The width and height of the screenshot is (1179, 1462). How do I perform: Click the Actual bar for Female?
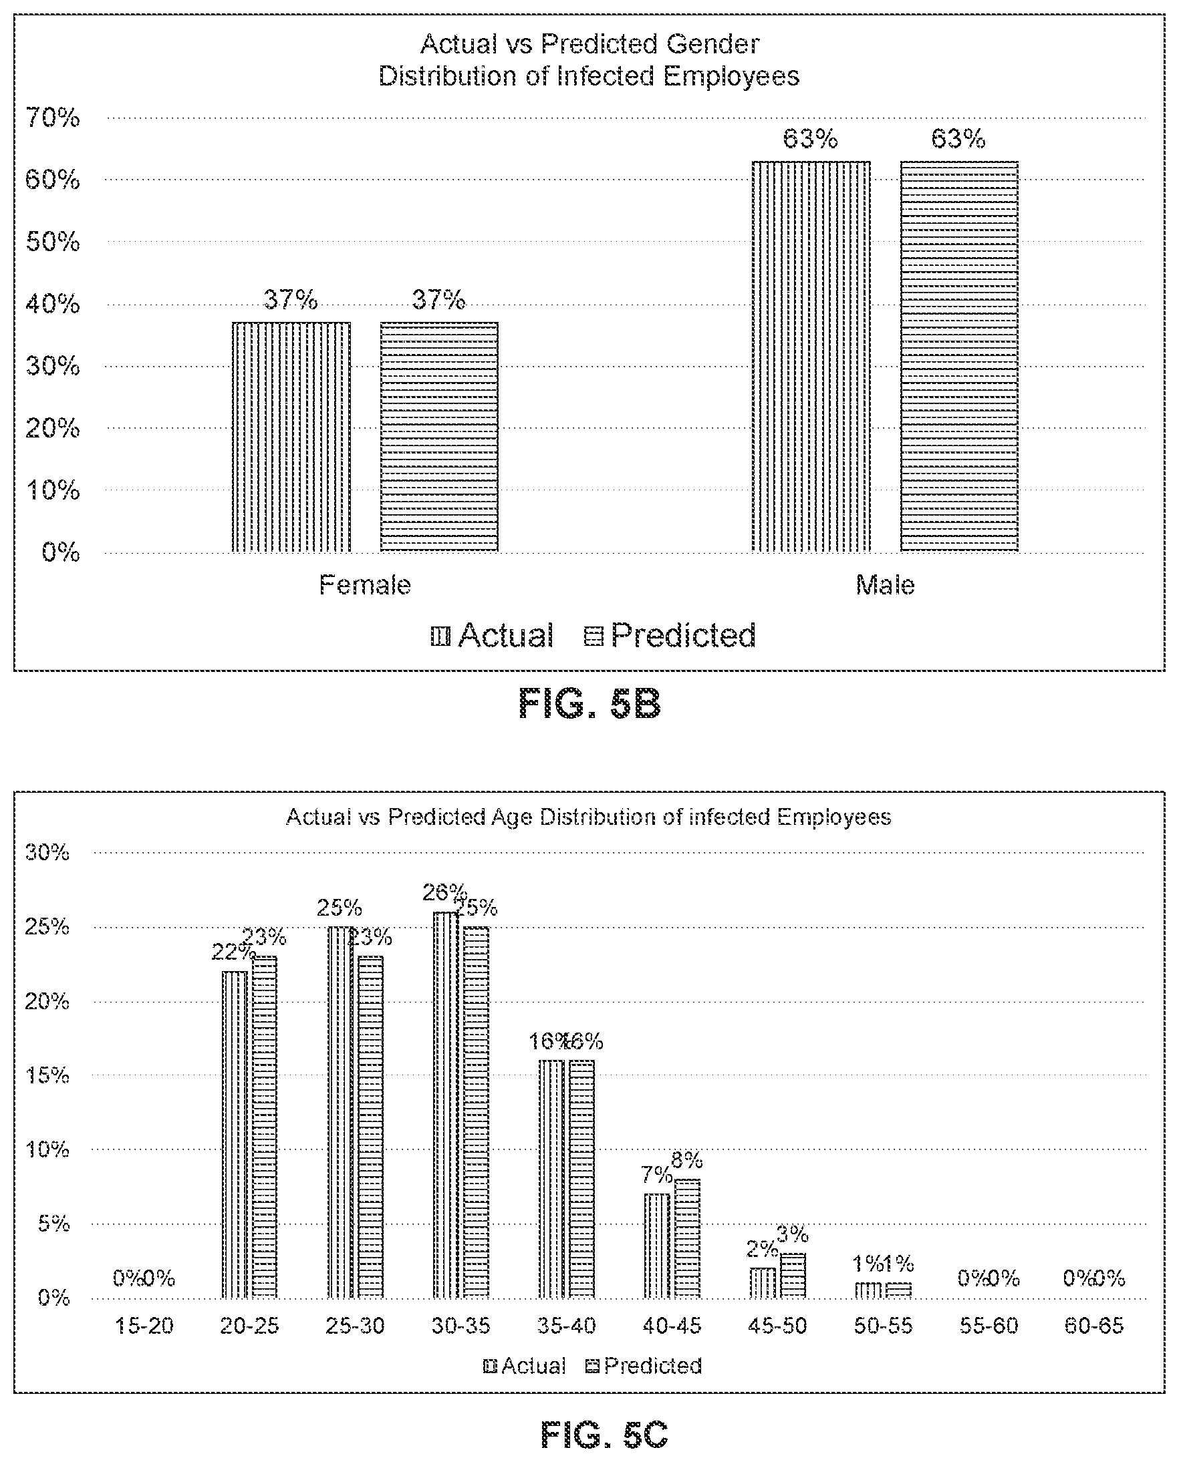pyautogui.click(x=291, y=436)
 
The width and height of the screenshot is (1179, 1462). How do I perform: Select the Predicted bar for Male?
pyautogui.click(x=959, y=356)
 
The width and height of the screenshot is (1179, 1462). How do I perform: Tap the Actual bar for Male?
pyautogui.click(x=811, y=356)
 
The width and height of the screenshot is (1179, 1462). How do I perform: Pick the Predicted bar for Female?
pyautogui.click(x=438, y=436)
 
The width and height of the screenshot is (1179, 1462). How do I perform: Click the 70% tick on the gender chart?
pyautogui.click(x=52, y=118)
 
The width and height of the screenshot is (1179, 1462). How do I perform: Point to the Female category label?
pyautogui.click(x=365, y=585)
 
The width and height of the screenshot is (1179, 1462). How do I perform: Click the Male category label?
pyautogui.click(x=885, y=585)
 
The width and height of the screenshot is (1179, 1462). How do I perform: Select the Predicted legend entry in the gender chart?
pyautogui.click(x=670, y=635)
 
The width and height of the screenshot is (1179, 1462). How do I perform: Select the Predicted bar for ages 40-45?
pyautogui.click(x=687, y=1238)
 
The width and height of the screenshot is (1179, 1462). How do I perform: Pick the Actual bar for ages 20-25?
pyautogui.click(x=235, y=1134)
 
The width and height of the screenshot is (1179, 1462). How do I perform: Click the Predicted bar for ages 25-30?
pyautogui.click(x=371, y=1127)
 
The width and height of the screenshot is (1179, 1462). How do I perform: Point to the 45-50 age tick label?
pyautogui.click(x=777, y=1326)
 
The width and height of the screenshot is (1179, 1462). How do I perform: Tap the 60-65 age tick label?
pyautogui.click(x=1094, y=1326)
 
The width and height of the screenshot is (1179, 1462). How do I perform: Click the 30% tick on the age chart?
pyautogui.click(x=47, y=852)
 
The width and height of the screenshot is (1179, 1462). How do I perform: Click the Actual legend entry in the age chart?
pyautogui.click(x=524, y=1366)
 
